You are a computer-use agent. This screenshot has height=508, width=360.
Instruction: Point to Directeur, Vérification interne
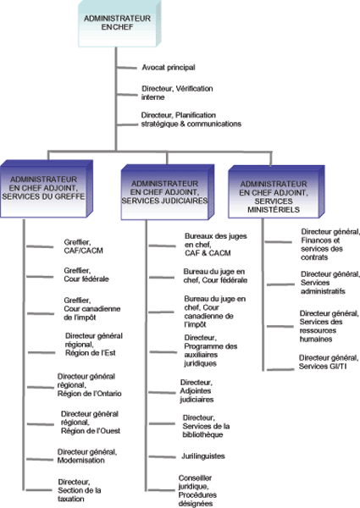click(177, 92)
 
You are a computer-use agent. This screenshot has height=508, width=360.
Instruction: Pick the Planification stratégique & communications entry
click(191, 119)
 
